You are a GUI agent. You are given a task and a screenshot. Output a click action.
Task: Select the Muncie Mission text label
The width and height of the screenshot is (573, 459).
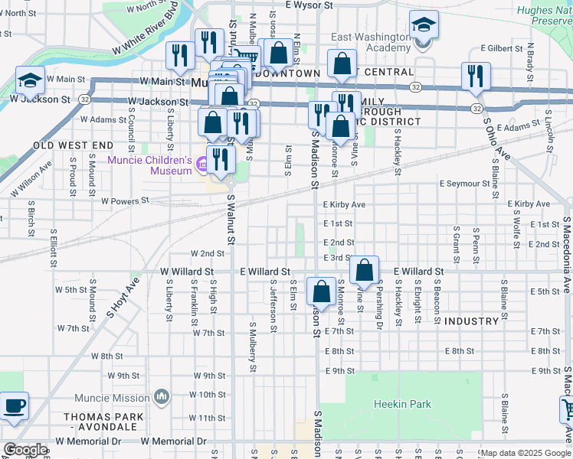(x=112, y=398)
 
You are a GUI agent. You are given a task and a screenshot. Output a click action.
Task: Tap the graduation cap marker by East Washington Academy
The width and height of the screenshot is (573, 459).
(x=423, y=26)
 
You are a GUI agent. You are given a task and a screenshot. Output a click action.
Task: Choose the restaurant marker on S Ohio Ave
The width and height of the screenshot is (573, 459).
(x=475, y=76)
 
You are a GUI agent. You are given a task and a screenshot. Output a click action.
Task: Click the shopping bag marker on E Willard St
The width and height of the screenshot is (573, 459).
(x=365, y=270)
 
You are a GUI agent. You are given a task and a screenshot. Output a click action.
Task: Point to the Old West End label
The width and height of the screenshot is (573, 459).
(x=73, y=145)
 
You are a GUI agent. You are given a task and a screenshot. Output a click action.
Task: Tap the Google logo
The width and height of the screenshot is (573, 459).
(x=25, y=450)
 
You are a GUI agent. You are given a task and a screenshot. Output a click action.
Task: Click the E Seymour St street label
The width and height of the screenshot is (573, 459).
(x=464, y=184)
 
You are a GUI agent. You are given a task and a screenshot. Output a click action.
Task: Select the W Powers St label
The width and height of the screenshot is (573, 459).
(x=125, y=201)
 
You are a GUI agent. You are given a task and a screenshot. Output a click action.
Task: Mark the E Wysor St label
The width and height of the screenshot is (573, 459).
(x=309, y=5)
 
